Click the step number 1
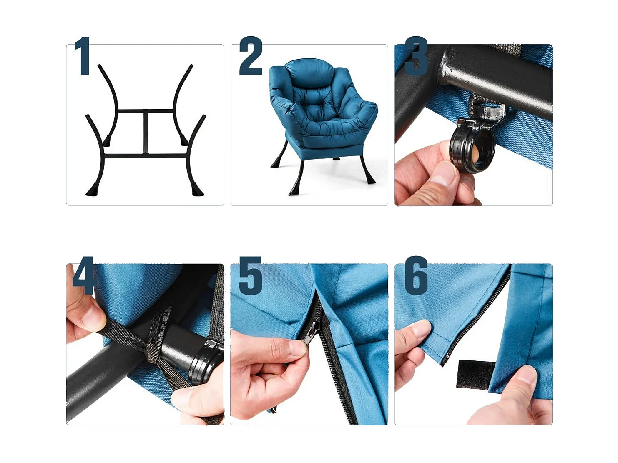83,56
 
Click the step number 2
251,56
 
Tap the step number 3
416,56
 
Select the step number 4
83,276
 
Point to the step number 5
251,276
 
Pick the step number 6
416,276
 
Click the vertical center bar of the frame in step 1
146,133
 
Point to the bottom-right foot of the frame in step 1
197,190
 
